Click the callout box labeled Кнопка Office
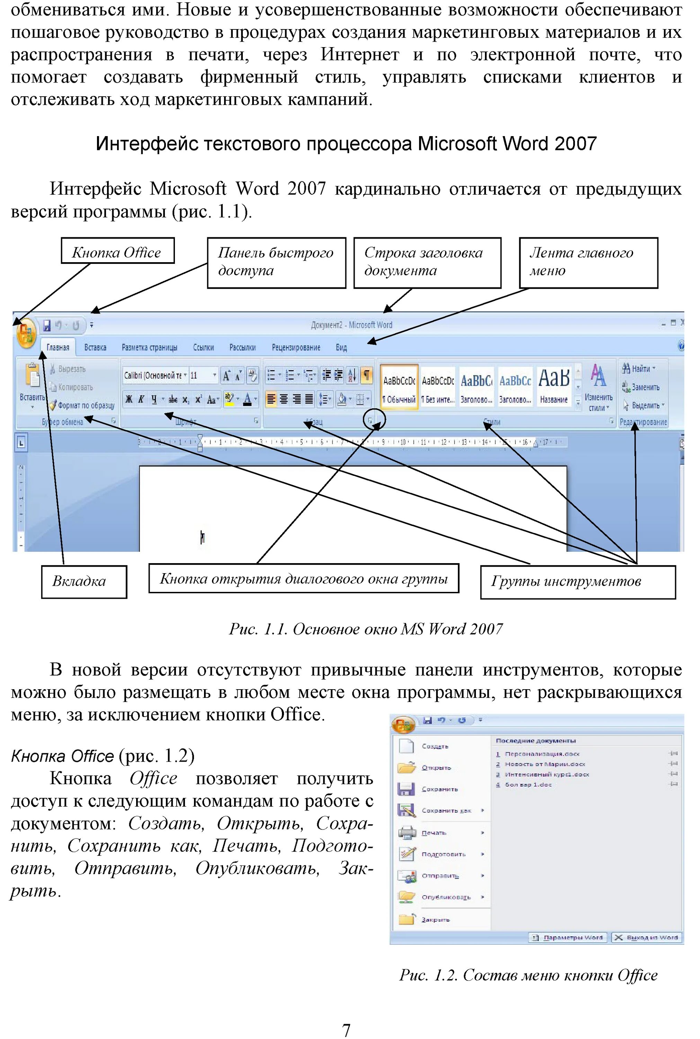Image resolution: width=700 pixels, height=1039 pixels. [117, 250]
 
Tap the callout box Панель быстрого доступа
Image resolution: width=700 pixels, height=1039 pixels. [276, 263]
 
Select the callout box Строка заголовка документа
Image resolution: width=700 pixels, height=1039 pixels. [427, 263]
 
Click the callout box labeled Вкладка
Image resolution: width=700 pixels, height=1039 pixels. [84, 581]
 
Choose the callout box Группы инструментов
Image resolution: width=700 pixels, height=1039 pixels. [578, 582]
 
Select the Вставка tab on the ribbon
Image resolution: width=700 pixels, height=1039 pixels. [95, 348]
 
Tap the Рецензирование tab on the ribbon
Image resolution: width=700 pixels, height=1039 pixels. [296, 348]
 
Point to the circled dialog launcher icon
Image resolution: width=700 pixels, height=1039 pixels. [370, 420]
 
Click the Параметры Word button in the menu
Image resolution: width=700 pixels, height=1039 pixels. [567, 937]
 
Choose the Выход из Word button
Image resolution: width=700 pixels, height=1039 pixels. [647, 937]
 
